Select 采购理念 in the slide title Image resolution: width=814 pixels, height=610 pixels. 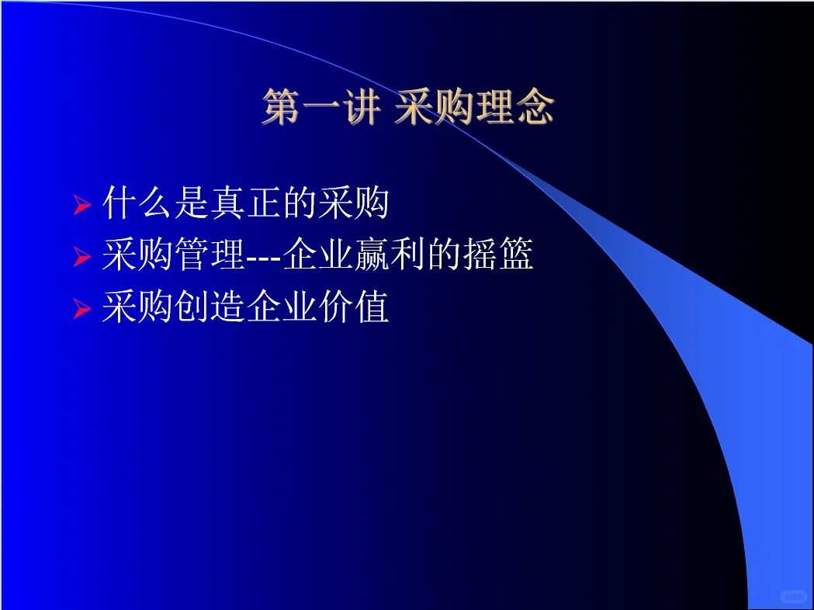[473, 108]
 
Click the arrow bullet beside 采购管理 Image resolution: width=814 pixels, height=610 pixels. [82, 258]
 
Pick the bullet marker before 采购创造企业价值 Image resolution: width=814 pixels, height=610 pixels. [82, 310]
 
